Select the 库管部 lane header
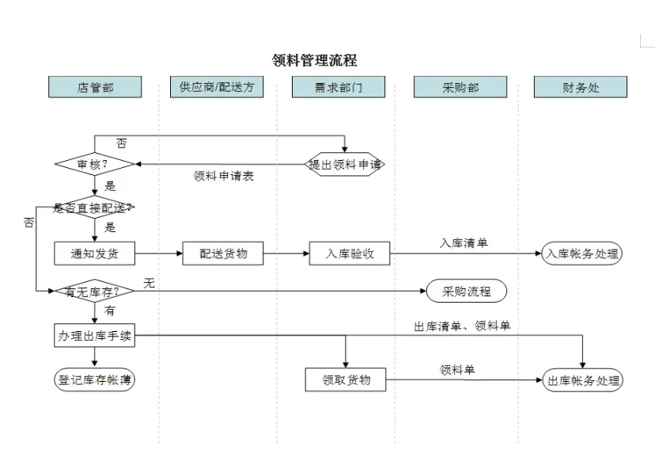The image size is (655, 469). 95,87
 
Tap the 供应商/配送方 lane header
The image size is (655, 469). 217,87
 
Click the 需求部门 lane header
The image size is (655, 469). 338,87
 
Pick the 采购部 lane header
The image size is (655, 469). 460,87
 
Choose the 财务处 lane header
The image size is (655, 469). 581,87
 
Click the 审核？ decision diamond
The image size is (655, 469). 94,164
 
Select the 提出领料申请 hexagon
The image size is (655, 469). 345,164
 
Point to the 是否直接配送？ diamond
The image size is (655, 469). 94,208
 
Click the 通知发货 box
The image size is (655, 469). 94,254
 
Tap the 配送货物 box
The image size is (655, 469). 223,254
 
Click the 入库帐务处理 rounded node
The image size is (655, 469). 582,254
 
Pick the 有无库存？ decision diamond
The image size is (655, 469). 94,291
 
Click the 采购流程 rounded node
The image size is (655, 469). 466,291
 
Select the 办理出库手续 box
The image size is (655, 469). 94,335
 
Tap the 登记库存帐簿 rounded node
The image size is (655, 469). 94,379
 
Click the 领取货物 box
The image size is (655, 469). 346,379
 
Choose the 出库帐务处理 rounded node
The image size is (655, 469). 582,380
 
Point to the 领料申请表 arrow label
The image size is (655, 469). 223,177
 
